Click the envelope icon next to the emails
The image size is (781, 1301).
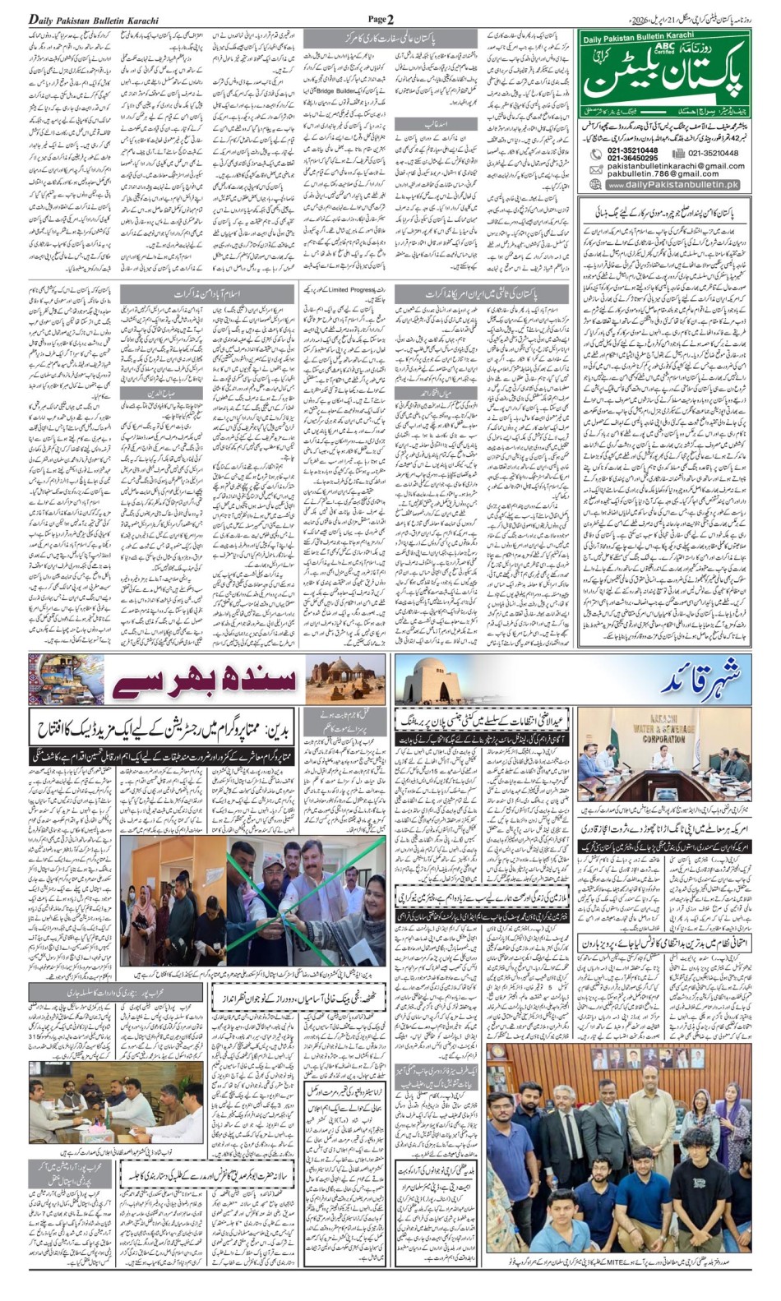pyautogui.click(x=595, y=169)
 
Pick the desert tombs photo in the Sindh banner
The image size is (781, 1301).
pyautogui.click(x=345, y=680)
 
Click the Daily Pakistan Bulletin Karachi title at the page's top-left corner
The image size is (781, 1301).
pyautogui.click(x=94, y=19)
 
